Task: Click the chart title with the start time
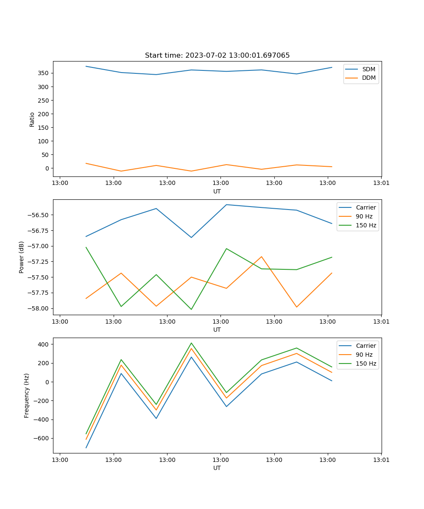click(x=217, y=56)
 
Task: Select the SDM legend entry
click(x=368, y=69)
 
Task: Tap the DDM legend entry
click(x=368, y=78)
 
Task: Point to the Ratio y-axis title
click(x=32, y=119)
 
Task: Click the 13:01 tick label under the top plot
click(x=381, y=183)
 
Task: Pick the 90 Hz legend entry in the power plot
click(x=364, y=216)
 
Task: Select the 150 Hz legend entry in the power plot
click(x=365, y=225)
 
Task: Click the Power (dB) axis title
click(x=22, y=257)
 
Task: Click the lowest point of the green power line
click(x=191, y=309)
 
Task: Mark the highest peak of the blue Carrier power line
click(x=226, y=204)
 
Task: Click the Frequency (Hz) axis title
click(x=26, y=395)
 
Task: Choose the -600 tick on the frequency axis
click(x=42, y=438)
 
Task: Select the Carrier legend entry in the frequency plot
click(x=365, y=346)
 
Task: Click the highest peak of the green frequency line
click(x=191, y=343)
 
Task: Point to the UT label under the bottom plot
click(x=217, y=468)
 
